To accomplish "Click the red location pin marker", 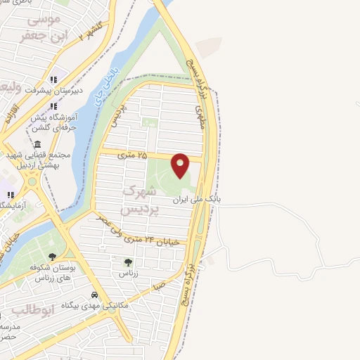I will point(181,165).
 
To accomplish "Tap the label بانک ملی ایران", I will point(198,200).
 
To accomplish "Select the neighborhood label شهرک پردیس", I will point(136,200).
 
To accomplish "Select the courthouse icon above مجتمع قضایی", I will point(37,143).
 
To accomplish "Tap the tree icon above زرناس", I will point(127,262).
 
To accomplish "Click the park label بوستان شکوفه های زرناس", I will point(52,272).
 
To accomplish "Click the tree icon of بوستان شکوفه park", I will point(52,257).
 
